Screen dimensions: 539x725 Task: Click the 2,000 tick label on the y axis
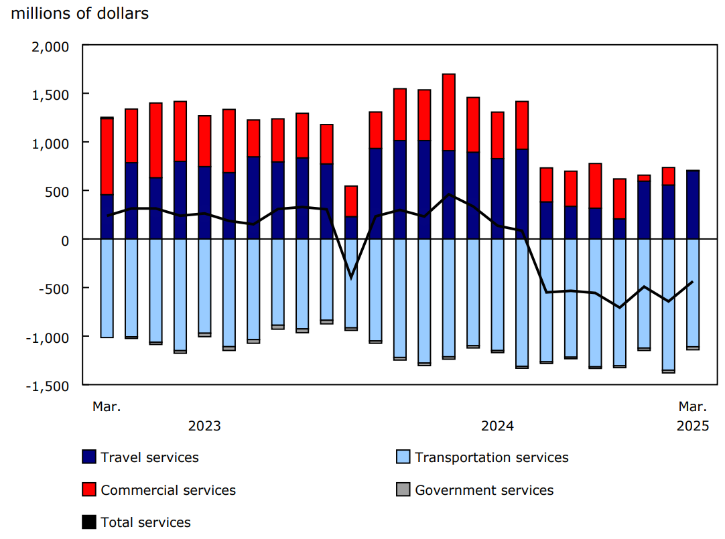(x=51, y=46)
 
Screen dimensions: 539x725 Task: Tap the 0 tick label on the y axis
(x=65, y=240)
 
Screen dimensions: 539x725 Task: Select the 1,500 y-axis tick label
(x=51, y=94)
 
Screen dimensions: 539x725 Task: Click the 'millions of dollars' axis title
(x=80, y=13)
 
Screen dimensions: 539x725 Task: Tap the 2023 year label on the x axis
(x=204, y=427)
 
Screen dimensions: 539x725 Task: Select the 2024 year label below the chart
(x=498, y=427)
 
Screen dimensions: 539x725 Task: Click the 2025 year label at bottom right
(x=692, y=427)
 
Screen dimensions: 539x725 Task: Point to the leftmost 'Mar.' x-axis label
(x=107, y=406)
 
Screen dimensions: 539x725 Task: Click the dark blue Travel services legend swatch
(x=88, y=457)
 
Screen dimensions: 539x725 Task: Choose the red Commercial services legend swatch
(x=88, y=490)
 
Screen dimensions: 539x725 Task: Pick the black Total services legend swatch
(x=88, y=522)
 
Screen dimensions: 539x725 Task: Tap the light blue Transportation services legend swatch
(x=403, y=457)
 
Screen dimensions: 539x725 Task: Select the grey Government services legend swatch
(x=403, y=490)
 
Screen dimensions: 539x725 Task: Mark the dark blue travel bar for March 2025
(x=692, y=204)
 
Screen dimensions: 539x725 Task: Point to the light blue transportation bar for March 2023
(x=107, y=288)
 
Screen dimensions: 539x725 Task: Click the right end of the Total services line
(x=692, y=282)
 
